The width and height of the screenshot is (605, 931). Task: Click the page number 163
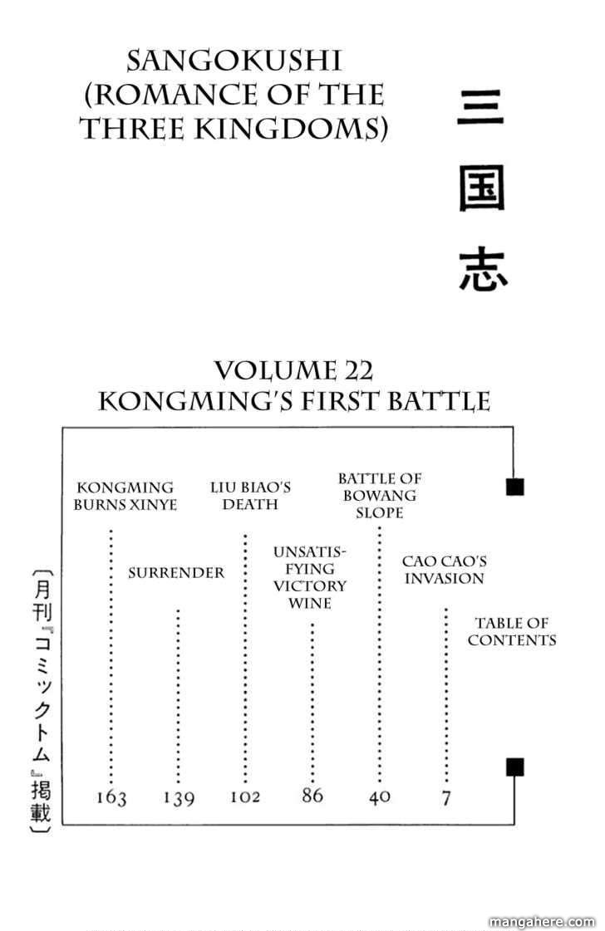(x=111, y=799)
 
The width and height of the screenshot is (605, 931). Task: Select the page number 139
(x=178, y=799)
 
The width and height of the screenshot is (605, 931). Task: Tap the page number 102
(x=245, y=797)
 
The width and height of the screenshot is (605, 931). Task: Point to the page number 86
(x=312, y=796)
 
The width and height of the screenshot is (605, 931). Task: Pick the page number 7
(x=446, y=798)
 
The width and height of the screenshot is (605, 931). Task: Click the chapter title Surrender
(x=176, y=573)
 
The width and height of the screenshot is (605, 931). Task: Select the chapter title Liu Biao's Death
(x=250, y=496)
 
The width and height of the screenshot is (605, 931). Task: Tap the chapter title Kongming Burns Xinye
(x=125, y=496)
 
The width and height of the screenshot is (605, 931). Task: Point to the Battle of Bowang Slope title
(x=379, y=495)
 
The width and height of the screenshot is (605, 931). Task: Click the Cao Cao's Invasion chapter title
(x=444, y=571)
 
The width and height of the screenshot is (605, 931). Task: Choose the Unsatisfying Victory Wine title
(x=310, y=577)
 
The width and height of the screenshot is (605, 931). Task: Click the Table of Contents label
(x=512, y=631)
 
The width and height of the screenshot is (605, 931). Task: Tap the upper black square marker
(x=514, y=487)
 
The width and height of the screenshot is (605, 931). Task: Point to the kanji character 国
(x=481, y=194)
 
